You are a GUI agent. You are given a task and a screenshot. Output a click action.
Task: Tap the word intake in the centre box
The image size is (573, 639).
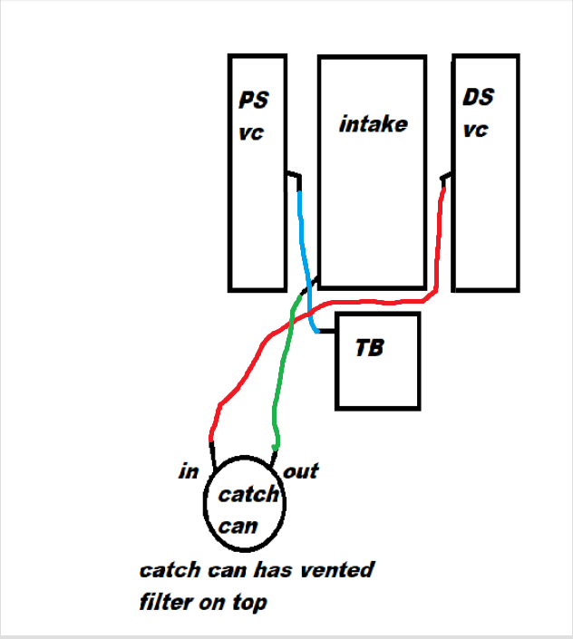tap(373, 124)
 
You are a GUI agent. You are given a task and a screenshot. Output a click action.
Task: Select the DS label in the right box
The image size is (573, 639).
tap(479, 96)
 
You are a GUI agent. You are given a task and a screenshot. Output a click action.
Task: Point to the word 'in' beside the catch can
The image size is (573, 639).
tap(189, 471)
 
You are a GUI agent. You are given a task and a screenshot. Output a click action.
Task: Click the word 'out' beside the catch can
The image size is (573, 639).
tap(301, 471)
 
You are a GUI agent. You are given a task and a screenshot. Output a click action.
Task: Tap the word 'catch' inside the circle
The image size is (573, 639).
tap(248, 495)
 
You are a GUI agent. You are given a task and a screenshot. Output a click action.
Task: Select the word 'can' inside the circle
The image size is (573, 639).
tap(238, 525)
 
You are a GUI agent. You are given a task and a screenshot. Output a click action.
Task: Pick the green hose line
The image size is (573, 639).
tap(283, 381)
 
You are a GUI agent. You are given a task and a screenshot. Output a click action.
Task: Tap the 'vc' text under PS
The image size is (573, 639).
tap(251, 132)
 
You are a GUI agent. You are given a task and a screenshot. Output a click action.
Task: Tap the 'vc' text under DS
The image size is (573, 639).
tap(476, 130)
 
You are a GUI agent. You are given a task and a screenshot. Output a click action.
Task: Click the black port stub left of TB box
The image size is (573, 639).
tap(326, 332)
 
